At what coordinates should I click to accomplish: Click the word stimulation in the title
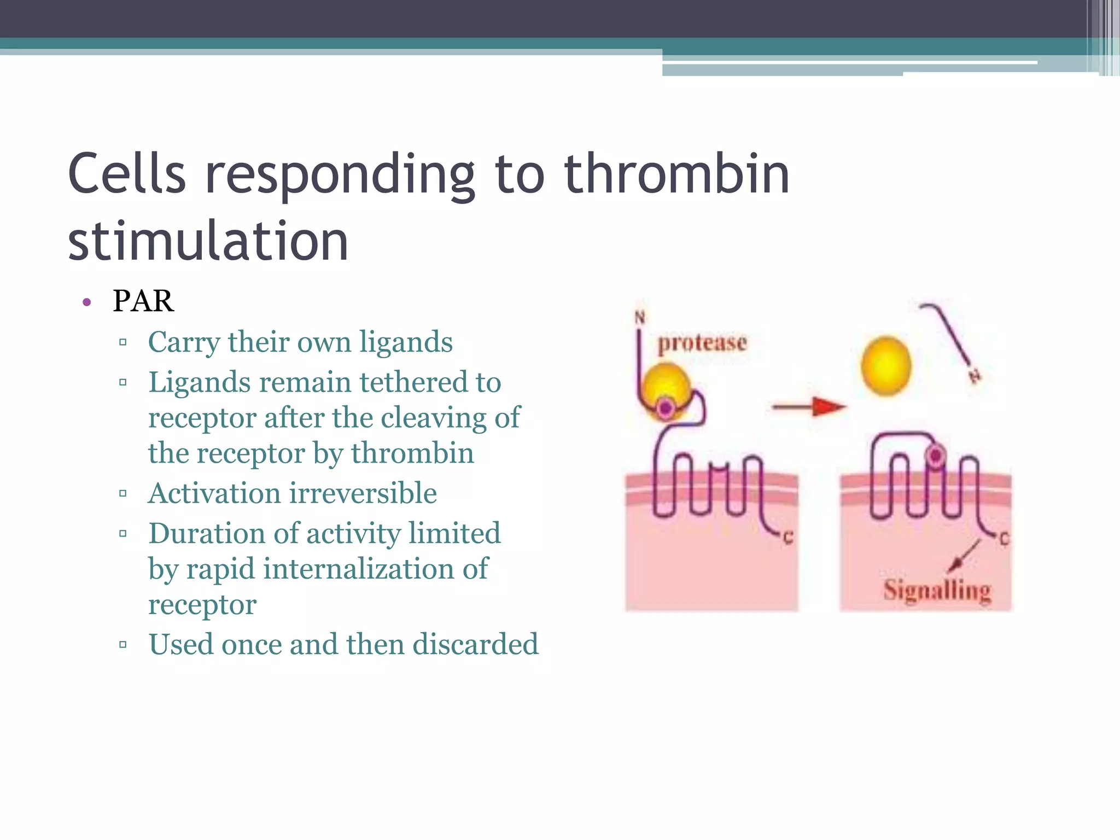point(208,241)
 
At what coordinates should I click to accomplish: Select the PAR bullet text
point(143,301)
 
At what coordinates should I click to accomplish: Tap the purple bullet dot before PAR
point(86,302)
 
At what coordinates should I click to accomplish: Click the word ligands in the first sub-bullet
point(406,342)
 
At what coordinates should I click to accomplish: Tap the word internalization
point(359,569)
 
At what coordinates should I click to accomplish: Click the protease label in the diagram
point(702,343)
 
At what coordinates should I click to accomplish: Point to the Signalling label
point(937,591)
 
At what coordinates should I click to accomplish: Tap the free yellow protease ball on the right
point(886,366)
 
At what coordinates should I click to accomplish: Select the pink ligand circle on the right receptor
point(936,455)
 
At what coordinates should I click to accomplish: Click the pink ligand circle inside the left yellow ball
point(666,407)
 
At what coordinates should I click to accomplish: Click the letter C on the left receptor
point(788,538)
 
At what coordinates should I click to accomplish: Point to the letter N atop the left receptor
point(640,317)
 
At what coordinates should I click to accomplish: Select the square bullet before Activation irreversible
point(123,494)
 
